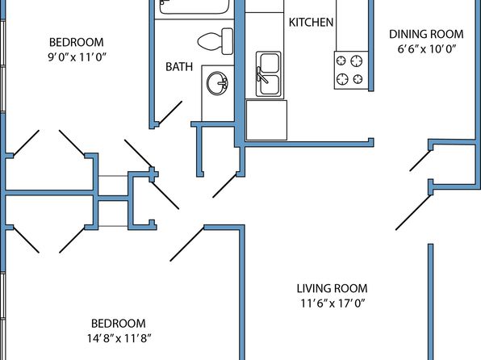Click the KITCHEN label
click(x=311, y=23)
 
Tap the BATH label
click(x=179, y=67)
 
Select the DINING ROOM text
click(x=426, y=34)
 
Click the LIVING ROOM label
click(x=332, y=288)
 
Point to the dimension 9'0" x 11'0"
click(x=77, y=57)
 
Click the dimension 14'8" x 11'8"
click(x=119, y=338)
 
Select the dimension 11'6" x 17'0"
click(x=333, y=303)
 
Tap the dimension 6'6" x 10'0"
click(x=426, y=49)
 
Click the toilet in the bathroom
click(x=215, y=41)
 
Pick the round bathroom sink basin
click(x=217, y=83)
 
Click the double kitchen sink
click(x=269, y=74)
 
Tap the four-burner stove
click(x=350, y=70)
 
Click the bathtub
click(x=194, y=6)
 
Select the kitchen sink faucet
click(x=261, y=75)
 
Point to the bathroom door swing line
click(x=170, y=113)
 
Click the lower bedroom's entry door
click(x=187, y=244)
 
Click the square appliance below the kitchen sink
click(x=266, y=120)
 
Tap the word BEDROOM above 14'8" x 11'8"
click(x=119, y=324)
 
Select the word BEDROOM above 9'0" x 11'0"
click(x=77, y=42)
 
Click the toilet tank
click(x=228, y=41)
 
